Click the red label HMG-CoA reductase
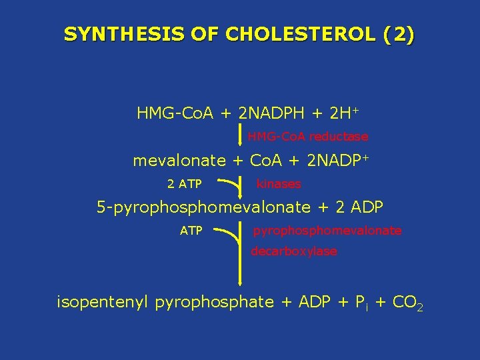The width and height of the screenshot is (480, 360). pos(307,137)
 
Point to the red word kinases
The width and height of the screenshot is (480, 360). pos(279,183)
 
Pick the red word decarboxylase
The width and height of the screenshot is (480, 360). pos(293,252)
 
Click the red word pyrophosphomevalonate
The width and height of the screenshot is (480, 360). pos(327,231)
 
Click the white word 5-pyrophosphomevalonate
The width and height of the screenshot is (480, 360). pos(203,207)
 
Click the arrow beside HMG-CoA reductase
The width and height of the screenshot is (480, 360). pos(241,136)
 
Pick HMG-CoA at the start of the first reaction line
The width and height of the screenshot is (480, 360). pos(175,113)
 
